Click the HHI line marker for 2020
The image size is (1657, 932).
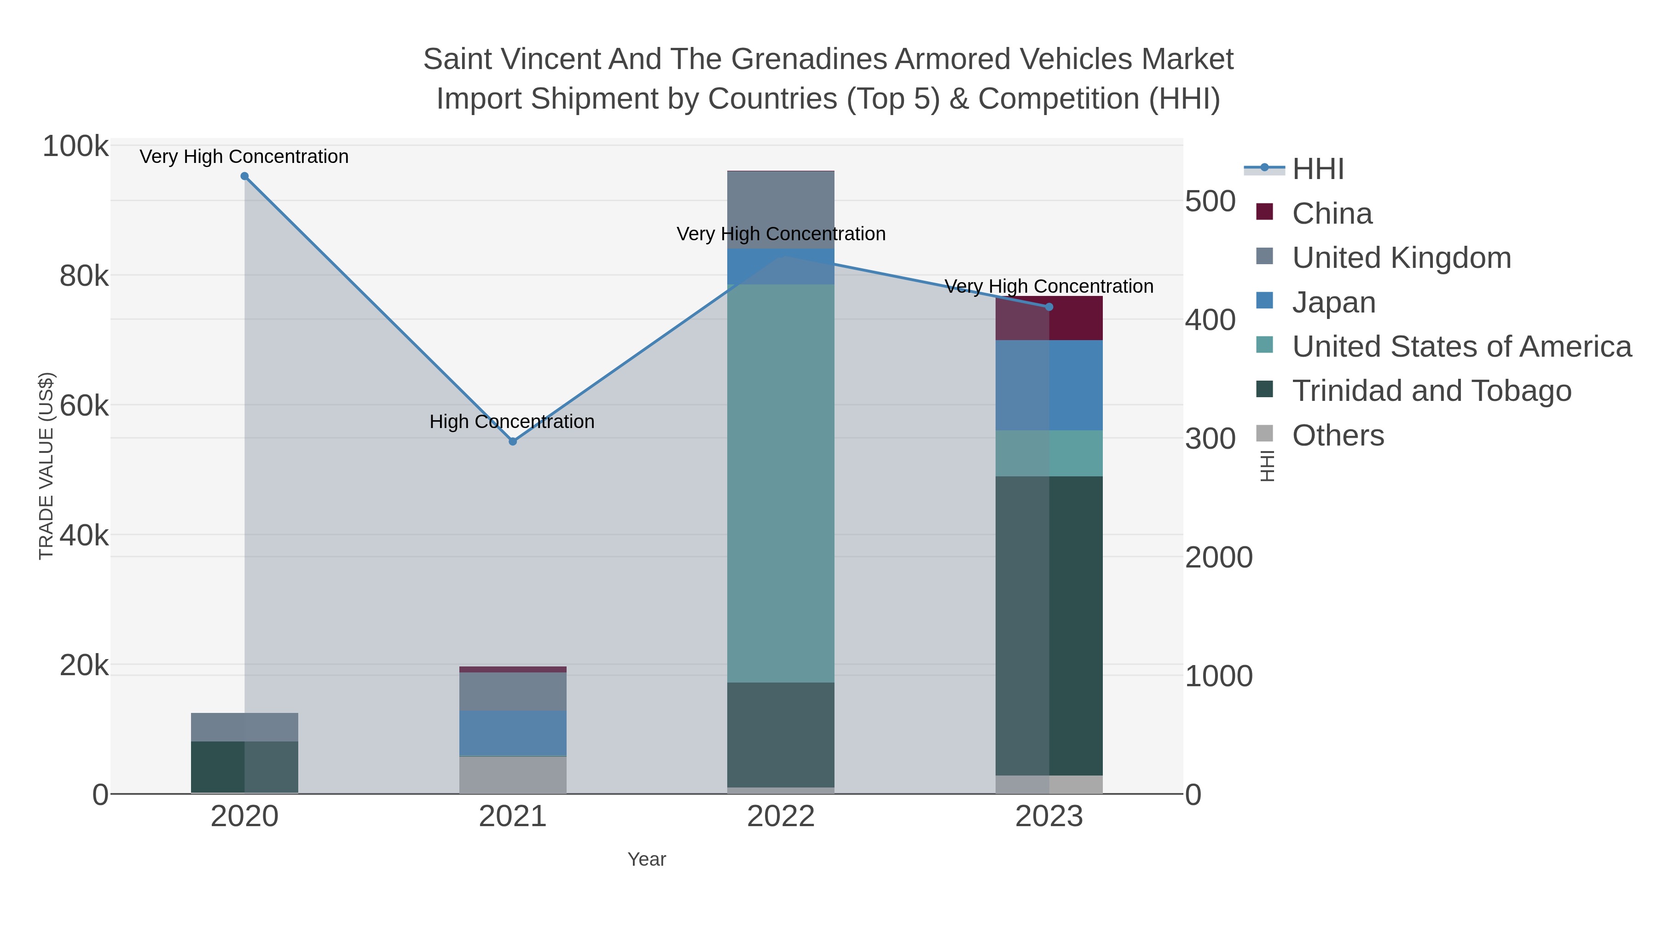244,176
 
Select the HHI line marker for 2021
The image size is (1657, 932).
513,441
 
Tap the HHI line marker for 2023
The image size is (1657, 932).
1049,307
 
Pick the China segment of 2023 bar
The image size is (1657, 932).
1049,318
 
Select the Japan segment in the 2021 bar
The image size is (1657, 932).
513,733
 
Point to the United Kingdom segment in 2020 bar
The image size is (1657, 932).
244,727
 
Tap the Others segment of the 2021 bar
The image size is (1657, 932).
513,775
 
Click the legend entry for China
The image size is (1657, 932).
1332,214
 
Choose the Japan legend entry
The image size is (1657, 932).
1333,302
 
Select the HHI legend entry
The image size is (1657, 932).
1317,169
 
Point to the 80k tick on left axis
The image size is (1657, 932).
84,277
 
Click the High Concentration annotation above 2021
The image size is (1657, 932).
512,422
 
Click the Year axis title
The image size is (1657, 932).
647,859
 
